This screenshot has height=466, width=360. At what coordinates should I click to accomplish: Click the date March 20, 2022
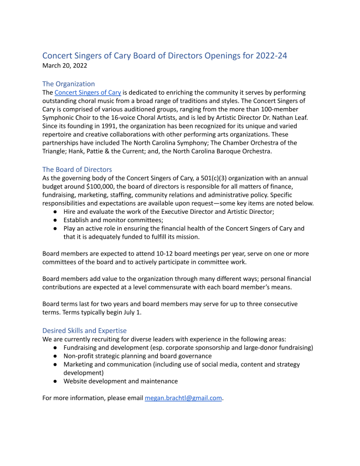[65, 65]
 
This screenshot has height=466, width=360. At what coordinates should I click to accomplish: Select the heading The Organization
[69, 84]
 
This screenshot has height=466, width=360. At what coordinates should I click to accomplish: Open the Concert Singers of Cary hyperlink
[88, 93]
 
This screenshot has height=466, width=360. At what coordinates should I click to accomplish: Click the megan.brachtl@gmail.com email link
[183, 398]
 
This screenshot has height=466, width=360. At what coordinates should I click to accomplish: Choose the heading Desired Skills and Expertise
[84, 330]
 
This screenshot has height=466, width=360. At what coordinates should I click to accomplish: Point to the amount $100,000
[88, 187]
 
